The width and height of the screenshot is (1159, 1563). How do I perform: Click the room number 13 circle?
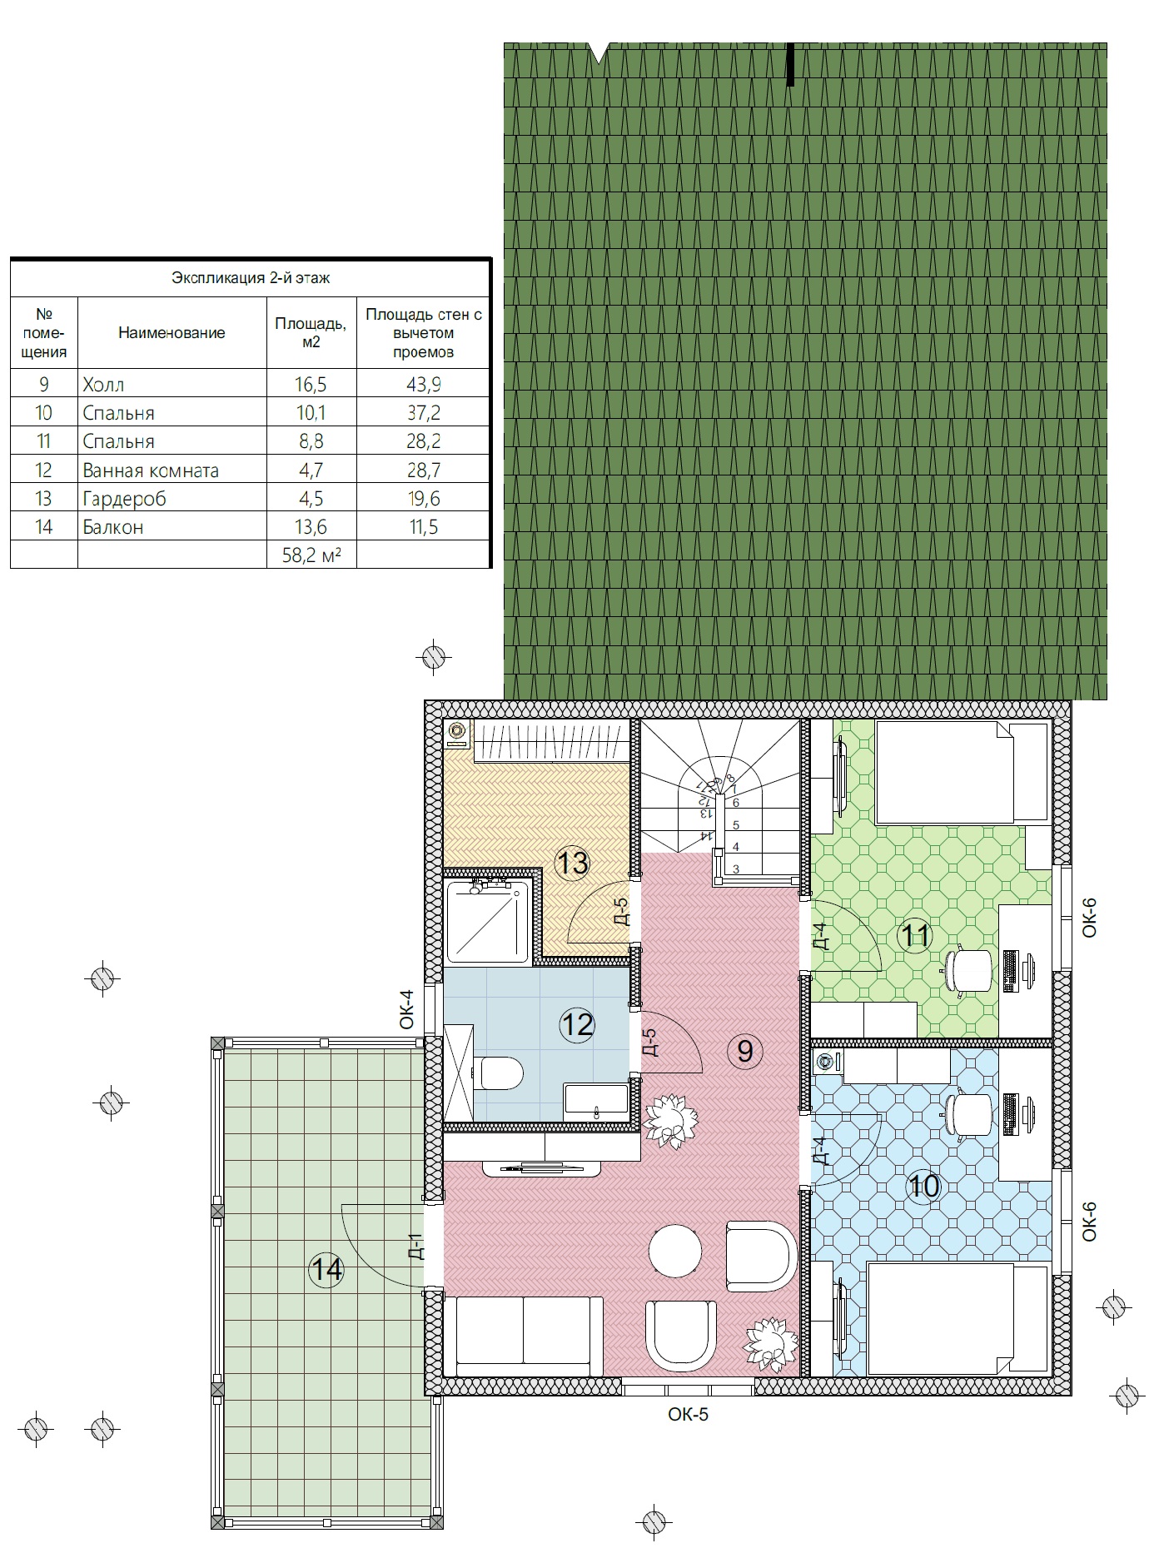574,863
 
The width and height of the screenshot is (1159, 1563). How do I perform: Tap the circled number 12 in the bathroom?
578,1023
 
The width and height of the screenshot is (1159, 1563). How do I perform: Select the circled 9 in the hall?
745,1051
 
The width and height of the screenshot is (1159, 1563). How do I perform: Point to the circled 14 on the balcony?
326,1271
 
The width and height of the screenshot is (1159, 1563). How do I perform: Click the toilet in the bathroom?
501,1073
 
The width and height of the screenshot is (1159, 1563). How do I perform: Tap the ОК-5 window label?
688,1414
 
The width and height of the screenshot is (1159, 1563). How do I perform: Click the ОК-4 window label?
406,1009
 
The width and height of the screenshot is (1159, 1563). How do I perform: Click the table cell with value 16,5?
311,384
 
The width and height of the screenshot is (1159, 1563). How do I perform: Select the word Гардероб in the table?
124,498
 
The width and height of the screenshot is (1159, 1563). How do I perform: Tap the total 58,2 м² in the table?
312,555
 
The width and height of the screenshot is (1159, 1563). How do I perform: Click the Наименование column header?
172,333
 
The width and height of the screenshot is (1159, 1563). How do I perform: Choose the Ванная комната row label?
151,470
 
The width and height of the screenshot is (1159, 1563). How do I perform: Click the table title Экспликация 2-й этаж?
251,277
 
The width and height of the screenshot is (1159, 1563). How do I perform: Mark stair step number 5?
736,825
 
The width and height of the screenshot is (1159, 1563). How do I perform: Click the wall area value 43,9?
423,384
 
